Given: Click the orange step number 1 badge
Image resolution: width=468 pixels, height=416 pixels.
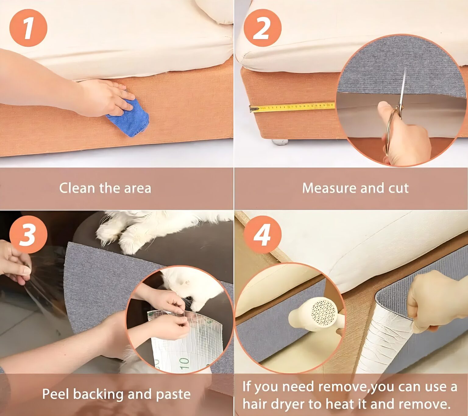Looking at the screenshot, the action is (28, 28).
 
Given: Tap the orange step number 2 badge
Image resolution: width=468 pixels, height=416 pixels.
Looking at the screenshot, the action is (262, 28).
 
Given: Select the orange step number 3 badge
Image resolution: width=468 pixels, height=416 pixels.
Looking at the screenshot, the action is (28, 234).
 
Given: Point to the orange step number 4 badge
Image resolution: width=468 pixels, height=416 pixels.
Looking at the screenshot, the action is (262, 234).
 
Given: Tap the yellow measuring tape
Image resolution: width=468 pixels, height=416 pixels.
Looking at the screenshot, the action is (292, 107).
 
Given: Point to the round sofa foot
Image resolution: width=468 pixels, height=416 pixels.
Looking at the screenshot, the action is (280, 142).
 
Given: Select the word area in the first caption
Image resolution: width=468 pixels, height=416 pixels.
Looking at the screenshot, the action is (138, 189).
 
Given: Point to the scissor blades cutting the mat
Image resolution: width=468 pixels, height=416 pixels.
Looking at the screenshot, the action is (403, 90).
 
